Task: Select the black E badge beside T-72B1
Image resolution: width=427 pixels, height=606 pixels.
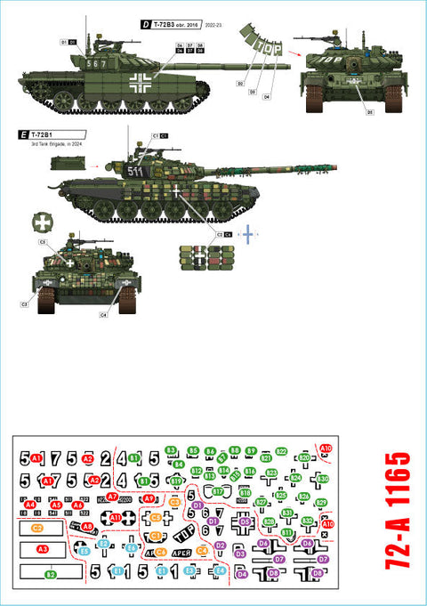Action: (22, 135)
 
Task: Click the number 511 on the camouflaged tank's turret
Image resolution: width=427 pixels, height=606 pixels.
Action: (134, 171)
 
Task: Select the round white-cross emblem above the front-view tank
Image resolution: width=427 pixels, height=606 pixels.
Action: (43, 222)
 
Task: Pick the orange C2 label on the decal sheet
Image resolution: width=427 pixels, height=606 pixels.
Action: (37, 528)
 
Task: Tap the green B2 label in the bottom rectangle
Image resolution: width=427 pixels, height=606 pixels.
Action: (51, 575)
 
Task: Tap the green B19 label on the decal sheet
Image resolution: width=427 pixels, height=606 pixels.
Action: (176, 481)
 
